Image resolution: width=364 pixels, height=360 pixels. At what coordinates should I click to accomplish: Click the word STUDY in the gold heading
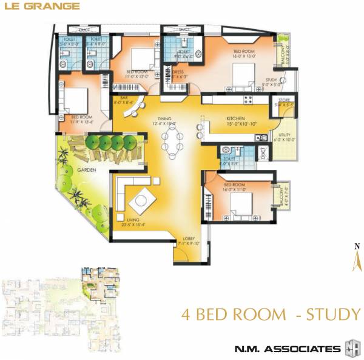pos(333,314)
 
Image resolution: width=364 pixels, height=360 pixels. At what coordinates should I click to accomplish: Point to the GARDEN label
pos(89,171)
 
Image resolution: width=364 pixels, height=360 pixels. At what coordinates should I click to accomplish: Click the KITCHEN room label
pos(235,118)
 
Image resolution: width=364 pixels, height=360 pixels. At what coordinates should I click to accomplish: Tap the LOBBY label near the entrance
pos(189,239)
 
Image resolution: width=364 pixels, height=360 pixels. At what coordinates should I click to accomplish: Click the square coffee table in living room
pos(144,199)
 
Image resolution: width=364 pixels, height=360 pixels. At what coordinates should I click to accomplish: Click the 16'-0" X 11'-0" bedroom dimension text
pos(234,189)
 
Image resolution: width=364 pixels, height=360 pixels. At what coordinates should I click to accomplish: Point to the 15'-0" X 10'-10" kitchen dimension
pos(235,124)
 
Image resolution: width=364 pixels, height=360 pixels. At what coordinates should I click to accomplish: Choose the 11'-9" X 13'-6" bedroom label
pos(82,121)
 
